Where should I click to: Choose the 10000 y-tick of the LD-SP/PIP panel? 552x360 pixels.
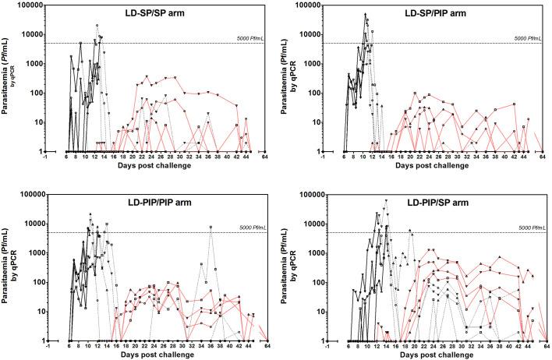[x=310, y=34]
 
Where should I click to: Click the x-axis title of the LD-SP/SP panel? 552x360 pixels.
[x=155, y=166]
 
